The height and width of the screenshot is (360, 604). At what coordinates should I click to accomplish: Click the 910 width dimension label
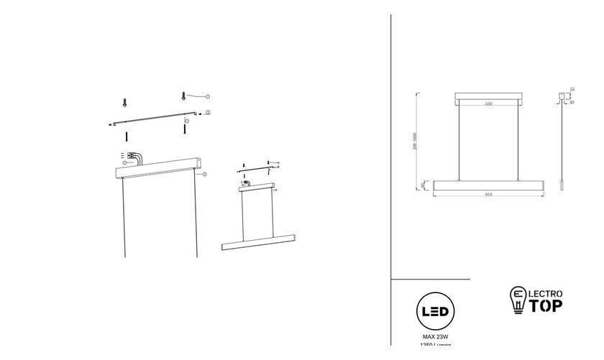tap(488, 195)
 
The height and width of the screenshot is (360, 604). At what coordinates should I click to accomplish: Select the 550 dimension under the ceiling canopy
tap(488, 104)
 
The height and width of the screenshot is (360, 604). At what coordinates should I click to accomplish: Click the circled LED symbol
tap(435, 313)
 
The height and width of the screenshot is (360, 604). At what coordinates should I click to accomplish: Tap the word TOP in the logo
tap(546, 305)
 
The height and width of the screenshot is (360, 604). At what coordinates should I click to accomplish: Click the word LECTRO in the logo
tap(548, 293)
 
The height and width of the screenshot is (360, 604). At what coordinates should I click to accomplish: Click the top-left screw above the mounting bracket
tap(124, 102)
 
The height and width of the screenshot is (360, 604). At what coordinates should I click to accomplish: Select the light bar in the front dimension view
tap(488, 185)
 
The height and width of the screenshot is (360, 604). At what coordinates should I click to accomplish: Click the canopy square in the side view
tap(562, 96)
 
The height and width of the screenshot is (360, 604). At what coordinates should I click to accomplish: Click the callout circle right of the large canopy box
tap(204, 174)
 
